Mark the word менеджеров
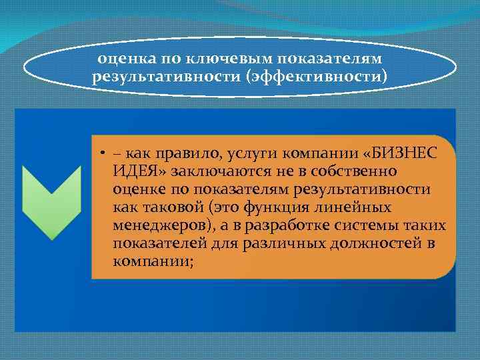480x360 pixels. click(x=157, y=225)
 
